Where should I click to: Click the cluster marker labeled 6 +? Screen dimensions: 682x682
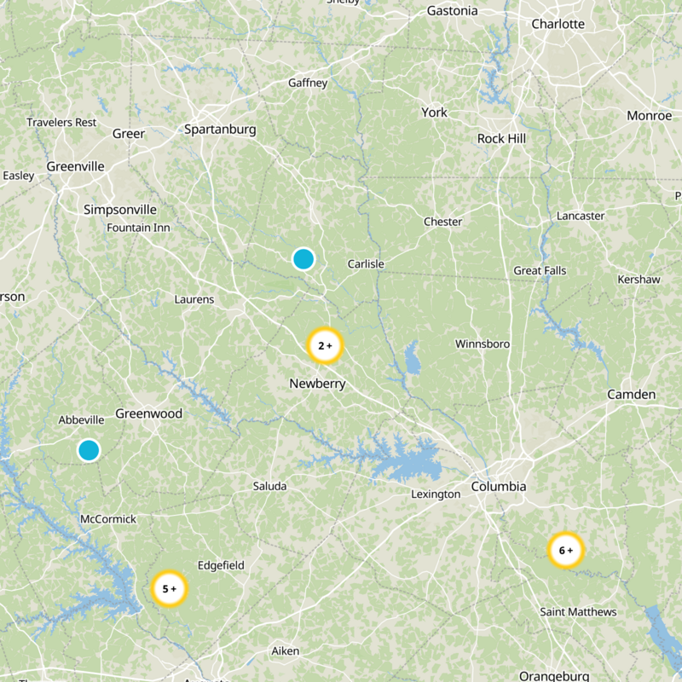coord(565,550)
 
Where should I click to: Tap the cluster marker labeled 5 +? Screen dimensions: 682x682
coord(169,588)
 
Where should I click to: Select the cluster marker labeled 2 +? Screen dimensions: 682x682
coord(324,345)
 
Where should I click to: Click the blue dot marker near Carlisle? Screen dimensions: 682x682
coord(303,258)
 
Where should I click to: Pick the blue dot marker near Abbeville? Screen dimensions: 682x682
coord(89,450)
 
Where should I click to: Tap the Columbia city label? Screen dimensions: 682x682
coord(499,487)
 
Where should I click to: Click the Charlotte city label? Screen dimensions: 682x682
coord(558,24)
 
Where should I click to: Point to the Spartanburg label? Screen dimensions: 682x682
coord(220,130)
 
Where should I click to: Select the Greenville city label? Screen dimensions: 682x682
coord(75,166)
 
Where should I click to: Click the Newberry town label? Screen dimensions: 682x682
coord(317,384)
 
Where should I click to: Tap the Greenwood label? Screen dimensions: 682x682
coord(148,413)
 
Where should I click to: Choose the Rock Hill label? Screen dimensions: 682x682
coord(501,138)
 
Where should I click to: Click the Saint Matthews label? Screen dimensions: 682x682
coord(578,612)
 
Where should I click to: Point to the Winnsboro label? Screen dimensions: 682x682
coord(483,344)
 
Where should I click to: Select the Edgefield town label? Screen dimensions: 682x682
coord(221,565)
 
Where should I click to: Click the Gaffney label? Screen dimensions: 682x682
coord(308,83)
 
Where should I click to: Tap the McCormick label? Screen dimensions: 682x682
coord(107,518)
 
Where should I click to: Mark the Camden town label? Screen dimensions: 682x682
coord(632,394)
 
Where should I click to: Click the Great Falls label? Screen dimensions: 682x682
coord(540,271)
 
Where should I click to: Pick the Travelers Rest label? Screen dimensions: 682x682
coord(61,122)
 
